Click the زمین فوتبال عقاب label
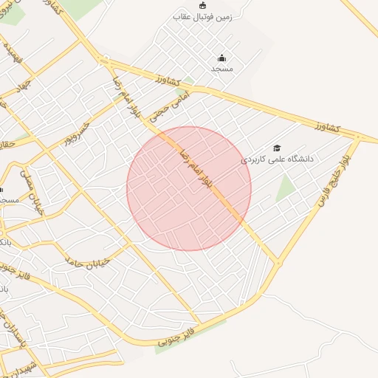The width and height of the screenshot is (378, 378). pos(202,16)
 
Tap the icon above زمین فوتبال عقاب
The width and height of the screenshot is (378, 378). pos(202,5)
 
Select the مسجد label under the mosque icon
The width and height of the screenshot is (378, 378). pos(221,68)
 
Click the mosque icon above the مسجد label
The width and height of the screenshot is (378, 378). pos(221,58)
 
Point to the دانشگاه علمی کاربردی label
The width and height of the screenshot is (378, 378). pos(278,159)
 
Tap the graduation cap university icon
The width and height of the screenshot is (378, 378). pos(277,148)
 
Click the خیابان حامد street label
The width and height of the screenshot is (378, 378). pos(86,262)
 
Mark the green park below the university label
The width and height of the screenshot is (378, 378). pos(285,188)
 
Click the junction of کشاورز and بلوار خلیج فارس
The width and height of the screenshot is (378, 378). pos(358,138)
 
